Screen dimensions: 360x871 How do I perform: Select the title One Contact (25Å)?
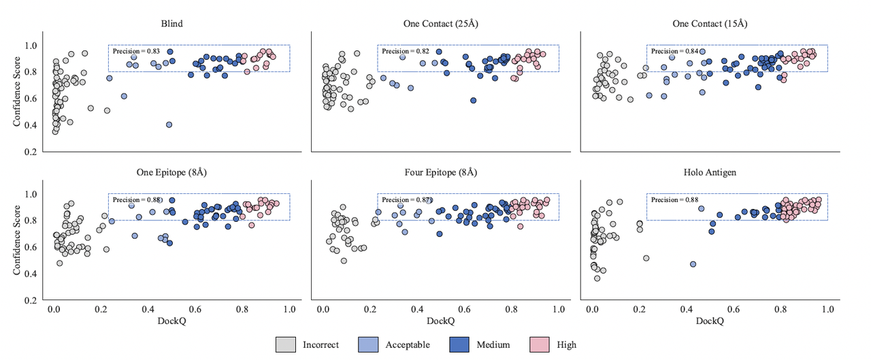click(440, 24)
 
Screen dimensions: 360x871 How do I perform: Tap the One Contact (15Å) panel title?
click(710, 24)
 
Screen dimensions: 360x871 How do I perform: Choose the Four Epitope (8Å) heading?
click(440, 172)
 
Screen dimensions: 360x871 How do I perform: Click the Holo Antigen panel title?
click(710, 172)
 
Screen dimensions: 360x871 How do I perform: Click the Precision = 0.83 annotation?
click(135, 51)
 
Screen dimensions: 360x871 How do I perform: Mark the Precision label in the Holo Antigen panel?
click(673, 199)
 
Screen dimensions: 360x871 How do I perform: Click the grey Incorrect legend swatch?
click(286, 344)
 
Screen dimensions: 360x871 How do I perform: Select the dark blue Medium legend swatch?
click(460, 344)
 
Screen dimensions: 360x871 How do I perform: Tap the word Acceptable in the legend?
click(408, 344)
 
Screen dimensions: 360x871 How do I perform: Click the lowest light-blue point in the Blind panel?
click(169, 125)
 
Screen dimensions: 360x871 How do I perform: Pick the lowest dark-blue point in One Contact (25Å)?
click(473, 100)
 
